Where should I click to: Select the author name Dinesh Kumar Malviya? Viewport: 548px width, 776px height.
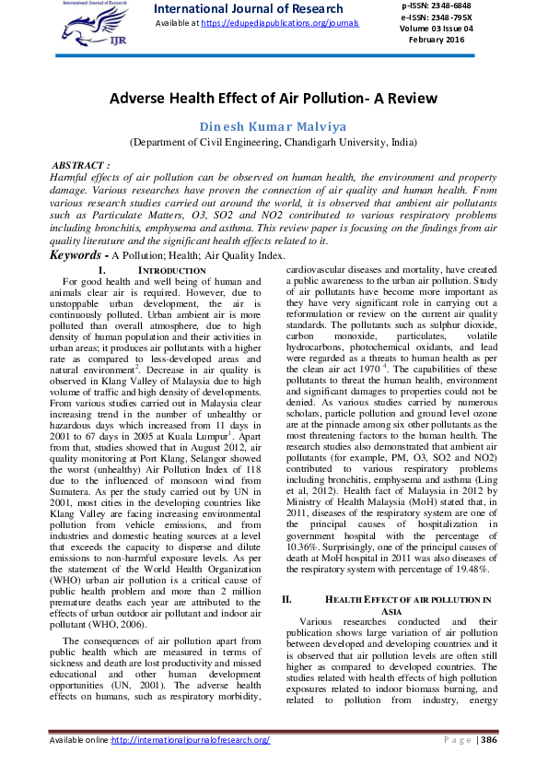click(273, 126)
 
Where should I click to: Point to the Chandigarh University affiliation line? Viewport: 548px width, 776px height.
click(273, 143)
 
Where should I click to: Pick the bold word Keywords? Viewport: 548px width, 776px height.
click(76, 254)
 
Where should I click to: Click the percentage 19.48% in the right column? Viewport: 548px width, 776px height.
click(467, 570)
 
